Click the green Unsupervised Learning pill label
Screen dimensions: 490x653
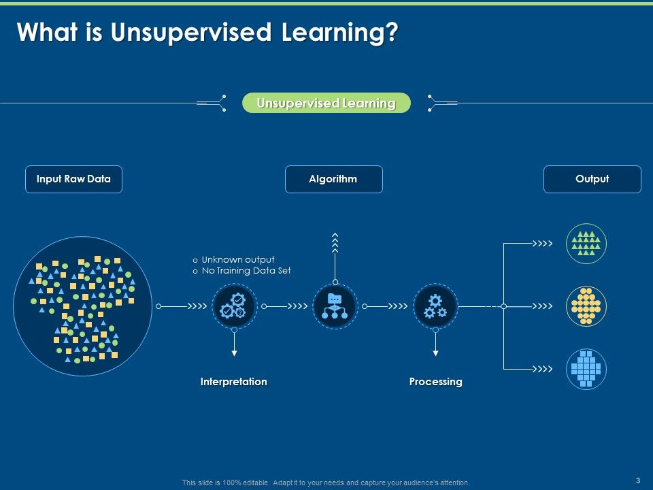326,103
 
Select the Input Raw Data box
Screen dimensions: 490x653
73,179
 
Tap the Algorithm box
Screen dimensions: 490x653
333,179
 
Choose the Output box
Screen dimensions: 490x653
592,179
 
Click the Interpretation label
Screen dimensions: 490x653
234,382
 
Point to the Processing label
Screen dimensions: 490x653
435,382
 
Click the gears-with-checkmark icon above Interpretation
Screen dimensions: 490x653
234,306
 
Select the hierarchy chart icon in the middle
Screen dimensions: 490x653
335,306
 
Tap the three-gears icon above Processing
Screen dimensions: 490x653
435,306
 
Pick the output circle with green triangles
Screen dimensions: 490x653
586,244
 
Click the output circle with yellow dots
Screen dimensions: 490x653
586,306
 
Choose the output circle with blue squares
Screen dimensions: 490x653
586,370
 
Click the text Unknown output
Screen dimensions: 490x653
238,259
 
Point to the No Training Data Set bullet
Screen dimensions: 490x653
246,271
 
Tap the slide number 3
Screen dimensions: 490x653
638,480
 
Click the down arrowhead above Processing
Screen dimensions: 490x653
435,353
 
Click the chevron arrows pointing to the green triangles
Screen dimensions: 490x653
542,243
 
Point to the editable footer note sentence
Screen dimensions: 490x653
326,483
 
